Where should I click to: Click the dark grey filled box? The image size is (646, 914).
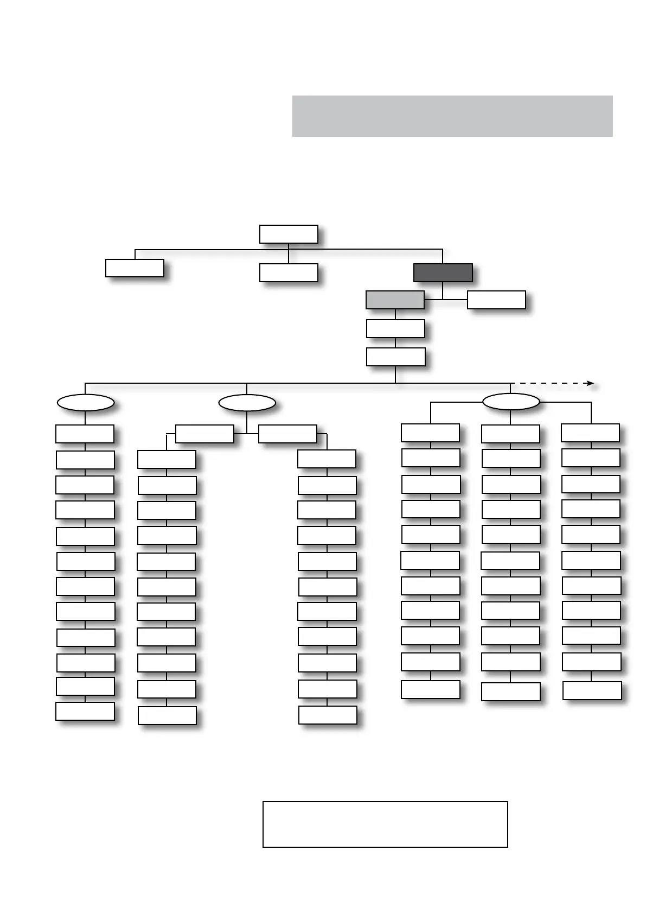tap(443, 272)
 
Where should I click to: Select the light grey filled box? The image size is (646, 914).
tap(395, 300)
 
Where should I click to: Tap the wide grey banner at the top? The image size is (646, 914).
tap(452, 116)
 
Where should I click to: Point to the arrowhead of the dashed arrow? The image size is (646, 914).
tap(591, 384)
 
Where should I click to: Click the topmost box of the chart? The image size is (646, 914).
tap(289, 234)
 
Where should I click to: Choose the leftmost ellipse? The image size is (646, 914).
tap(86, 403)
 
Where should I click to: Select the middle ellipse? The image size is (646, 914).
tap(247, 403)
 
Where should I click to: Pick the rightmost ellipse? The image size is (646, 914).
tap(510, 402)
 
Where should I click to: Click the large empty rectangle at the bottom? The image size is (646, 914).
tap(385, 824)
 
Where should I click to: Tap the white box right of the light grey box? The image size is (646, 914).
tap(496, 300)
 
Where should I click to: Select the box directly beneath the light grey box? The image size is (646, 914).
tap(395, 328)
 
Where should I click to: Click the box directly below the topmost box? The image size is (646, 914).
tap(289, 272)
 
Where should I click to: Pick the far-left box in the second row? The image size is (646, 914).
tap(135, 268)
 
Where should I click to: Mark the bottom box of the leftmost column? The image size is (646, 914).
tap(85, 711)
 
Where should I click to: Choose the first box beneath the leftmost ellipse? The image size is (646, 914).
tap(85, 434)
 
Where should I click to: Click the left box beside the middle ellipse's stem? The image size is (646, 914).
tap(204, 434)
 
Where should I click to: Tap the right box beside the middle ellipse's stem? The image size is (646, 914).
tap(287, 434)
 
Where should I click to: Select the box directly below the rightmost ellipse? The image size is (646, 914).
tap(510, 434)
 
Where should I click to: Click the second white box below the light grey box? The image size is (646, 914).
tap(395, 357)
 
